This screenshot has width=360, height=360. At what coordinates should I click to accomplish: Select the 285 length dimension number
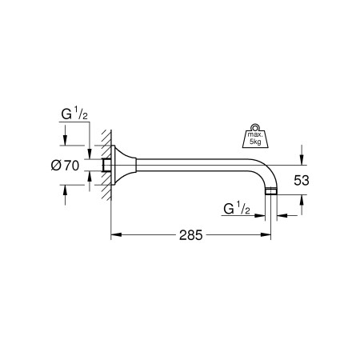[190, 236]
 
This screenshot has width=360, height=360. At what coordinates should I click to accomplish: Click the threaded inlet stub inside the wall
[106, 166]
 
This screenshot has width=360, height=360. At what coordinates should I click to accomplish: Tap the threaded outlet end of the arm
[272, 193]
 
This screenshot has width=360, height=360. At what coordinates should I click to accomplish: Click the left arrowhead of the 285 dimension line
[114, 235]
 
